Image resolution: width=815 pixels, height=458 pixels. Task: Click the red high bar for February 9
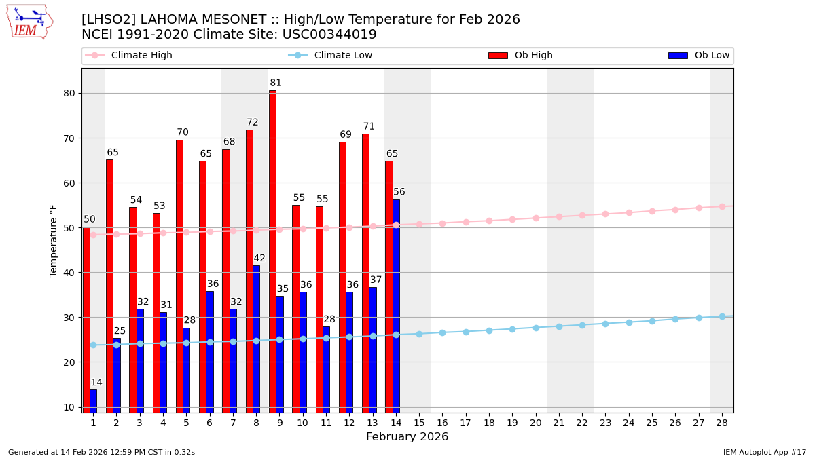point(272,251)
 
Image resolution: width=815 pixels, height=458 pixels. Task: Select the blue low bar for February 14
point(396,305)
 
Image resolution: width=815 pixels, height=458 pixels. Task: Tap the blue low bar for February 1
point(93,400)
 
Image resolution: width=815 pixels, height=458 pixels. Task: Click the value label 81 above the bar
point(276,83)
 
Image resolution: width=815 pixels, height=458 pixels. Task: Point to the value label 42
point(259,259)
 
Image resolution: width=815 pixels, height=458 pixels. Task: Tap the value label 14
point(96,383)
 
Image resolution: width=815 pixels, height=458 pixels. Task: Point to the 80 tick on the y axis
point(69,94)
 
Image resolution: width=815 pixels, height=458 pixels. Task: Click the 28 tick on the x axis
point(722,423)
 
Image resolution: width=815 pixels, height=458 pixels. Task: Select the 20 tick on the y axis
point(69,362)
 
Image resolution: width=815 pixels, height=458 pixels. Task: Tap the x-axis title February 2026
point(407,437)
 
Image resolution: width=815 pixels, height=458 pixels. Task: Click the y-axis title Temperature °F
point(54,240)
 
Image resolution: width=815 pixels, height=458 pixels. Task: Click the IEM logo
point(29,22)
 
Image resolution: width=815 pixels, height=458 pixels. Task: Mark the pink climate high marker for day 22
point(582,216)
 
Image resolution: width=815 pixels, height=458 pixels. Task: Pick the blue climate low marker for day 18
point(489,330)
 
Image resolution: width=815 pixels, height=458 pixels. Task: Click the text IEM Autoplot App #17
point(764,452)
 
